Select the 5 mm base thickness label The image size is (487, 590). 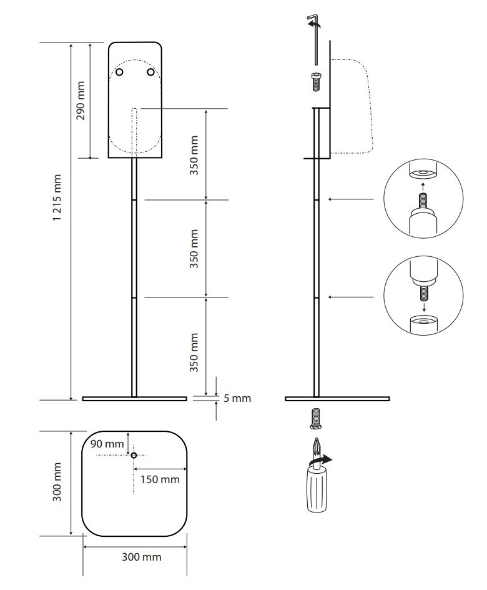click(237, 398)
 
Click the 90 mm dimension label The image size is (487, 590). click(107, 444)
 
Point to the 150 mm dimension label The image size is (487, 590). click(160, 479)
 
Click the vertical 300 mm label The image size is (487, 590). click(58, 482)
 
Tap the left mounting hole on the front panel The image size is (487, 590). click(120, 72)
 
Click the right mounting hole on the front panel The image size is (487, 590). click(150, 72)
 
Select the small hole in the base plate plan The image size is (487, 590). click(134, 455)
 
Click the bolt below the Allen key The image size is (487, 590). click(316, 81)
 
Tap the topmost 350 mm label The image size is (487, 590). click(194, 154)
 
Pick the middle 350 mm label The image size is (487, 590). click(194, 248)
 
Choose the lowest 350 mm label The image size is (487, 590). click(194, 352)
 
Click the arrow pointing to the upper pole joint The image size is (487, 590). click(351, 199)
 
